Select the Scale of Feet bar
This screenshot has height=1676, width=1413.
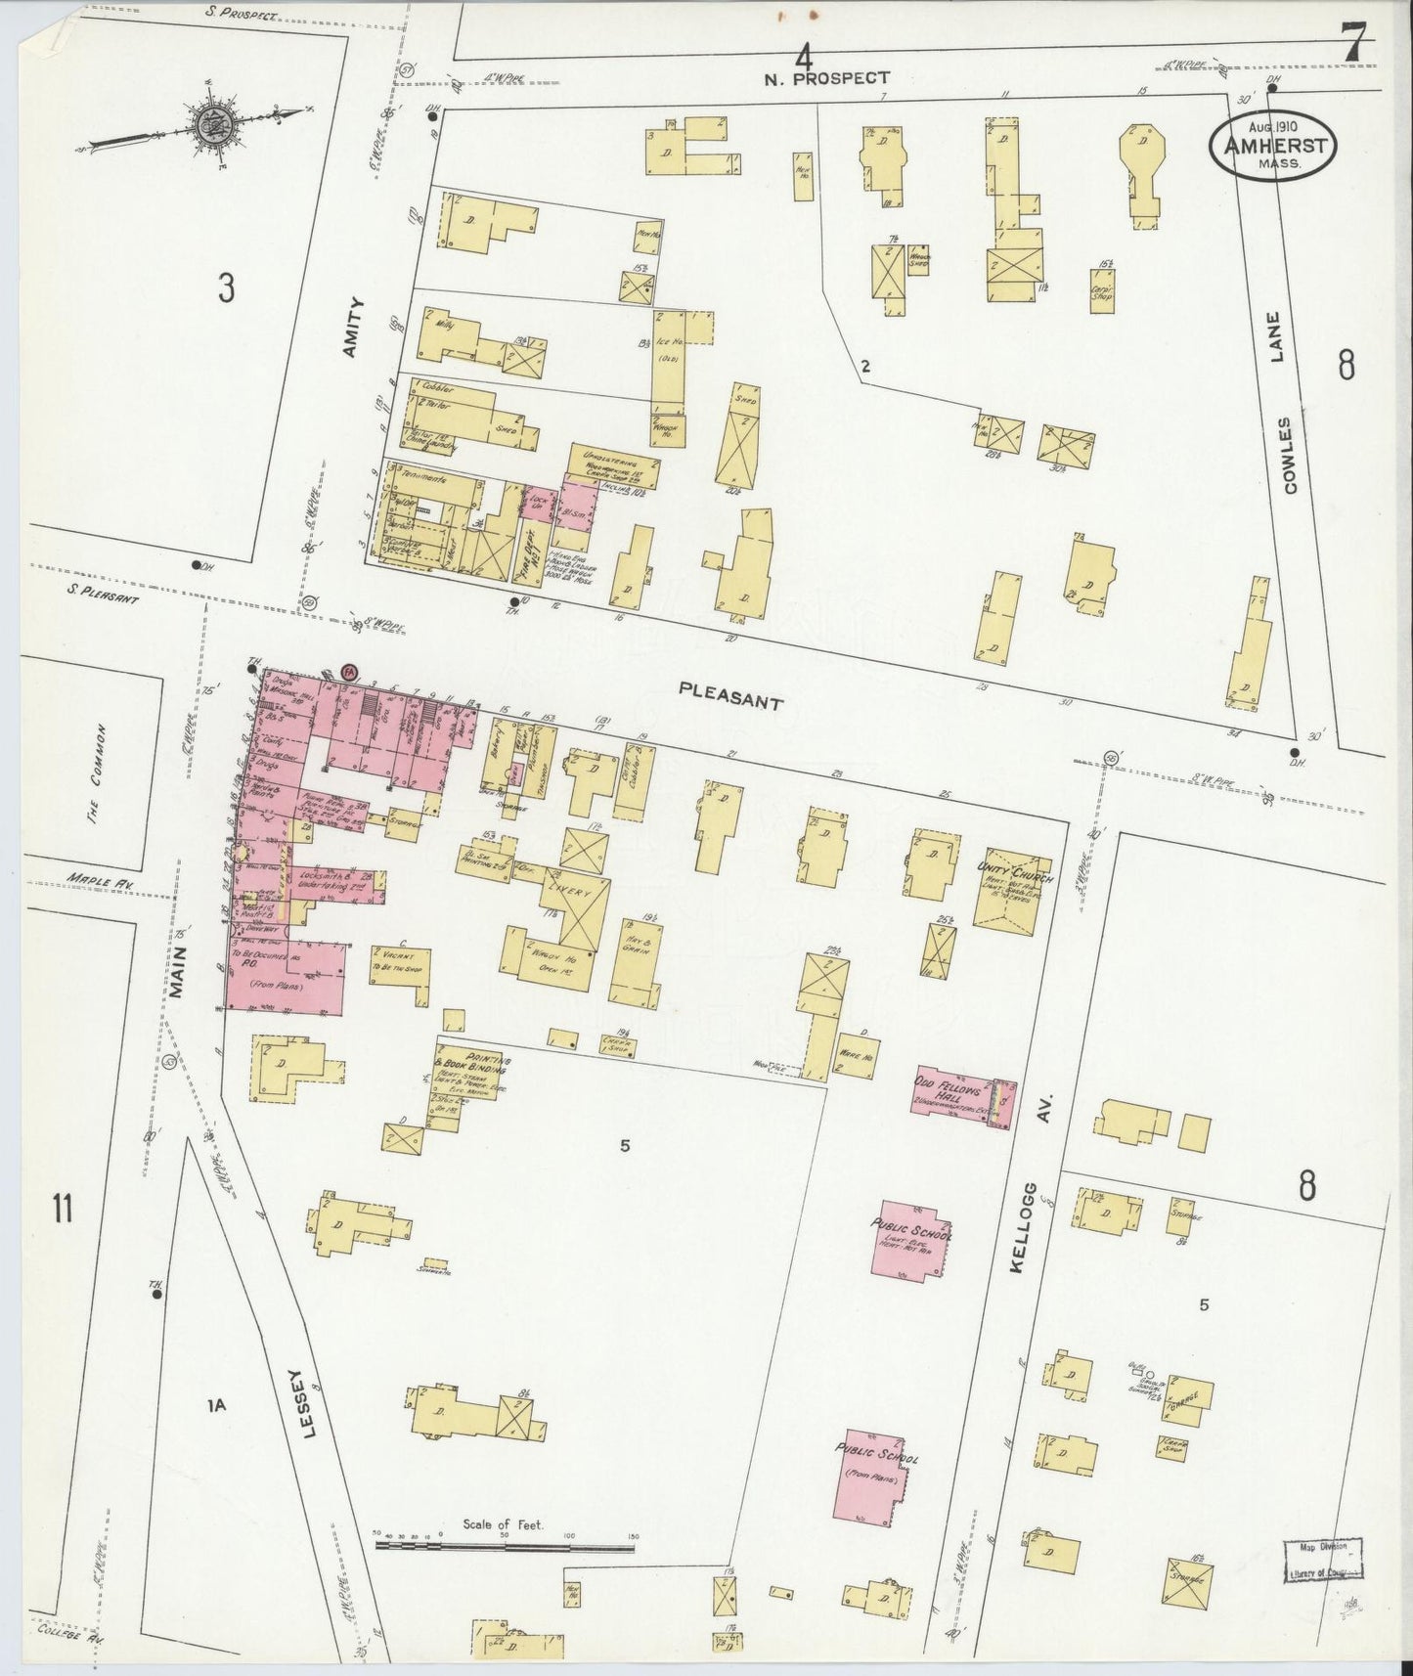click(x=505, y=1547)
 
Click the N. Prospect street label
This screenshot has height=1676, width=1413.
click(x=829, y=77)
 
